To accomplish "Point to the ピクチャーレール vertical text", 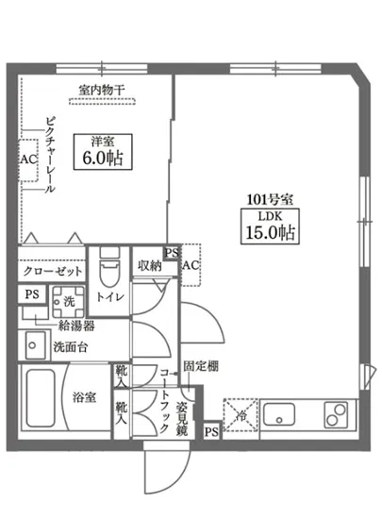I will click(x=47, y=156).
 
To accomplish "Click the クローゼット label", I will click(x=53, y=271).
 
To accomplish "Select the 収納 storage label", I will click(x=148, y=266).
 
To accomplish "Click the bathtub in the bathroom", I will click(x=40, y=400).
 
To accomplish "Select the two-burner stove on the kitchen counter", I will click(x=336, y=413).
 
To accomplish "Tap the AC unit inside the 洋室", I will click(x=27, y=159).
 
